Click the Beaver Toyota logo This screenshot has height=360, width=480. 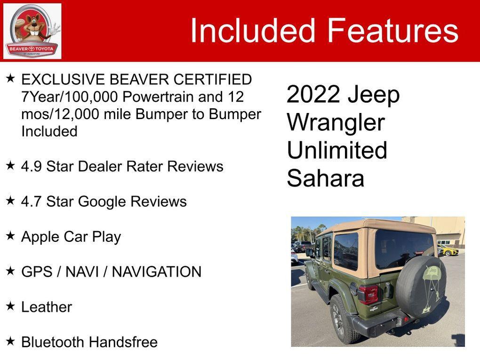(32, 31)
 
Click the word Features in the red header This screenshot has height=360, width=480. (392, 31)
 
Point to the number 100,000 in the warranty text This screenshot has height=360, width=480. (92, 97)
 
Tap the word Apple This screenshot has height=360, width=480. (40, 237)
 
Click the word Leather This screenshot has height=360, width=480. (47, 307)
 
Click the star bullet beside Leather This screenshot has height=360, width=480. (10, 306)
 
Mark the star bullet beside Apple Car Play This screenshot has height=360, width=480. (10, 235)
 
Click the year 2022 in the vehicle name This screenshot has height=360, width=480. (313, 95)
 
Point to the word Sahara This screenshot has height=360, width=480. (326, 179)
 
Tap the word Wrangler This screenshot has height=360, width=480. (336, 123)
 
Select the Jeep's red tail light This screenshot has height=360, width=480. (369, 295)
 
